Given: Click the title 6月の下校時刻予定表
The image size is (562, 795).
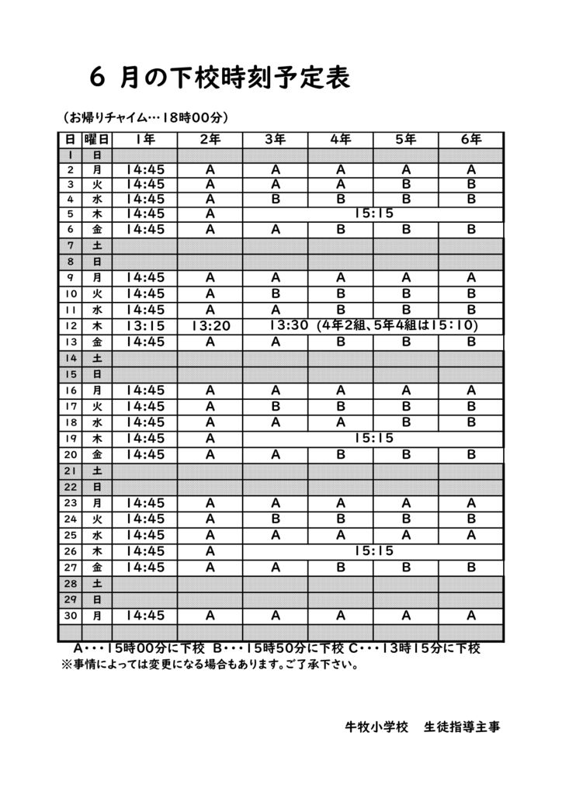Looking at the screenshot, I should click(220, 78).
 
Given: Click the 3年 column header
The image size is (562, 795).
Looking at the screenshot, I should click(275, 140).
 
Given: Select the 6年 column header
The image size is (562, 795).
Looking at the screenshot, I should click(470, 140).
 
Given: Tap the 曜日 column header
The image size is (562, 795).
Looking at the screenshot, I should click(97, 140).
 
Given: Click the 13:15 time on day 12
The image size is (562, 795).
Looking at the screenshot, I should click(145, 325).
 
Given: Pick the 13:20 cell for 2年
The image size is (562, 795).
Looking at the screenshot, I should click(210, 326).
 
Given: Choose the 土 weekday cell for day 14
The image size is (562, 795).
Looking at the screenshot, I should click(97, 359).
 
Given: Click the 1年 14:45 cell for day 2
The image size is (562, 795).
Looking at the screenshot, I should click(145, 169).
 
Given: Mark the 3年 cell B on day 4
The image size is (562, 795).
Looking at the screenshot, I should click(275, 199).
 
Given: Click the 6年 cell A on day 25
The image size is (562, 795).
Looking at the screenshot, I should click(470, 535).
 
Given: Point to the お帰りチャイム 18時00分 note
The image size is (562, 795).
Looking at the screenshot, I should click(144, 118).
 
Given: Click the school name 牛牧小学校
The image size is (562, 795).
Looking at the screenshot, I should click(376, 727).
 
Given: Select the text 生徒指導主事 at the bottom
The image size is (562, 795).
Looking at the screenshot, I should click(462, 727).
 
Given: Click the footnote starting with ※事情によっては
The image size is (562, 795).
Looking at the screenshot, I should click(210, 665).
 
